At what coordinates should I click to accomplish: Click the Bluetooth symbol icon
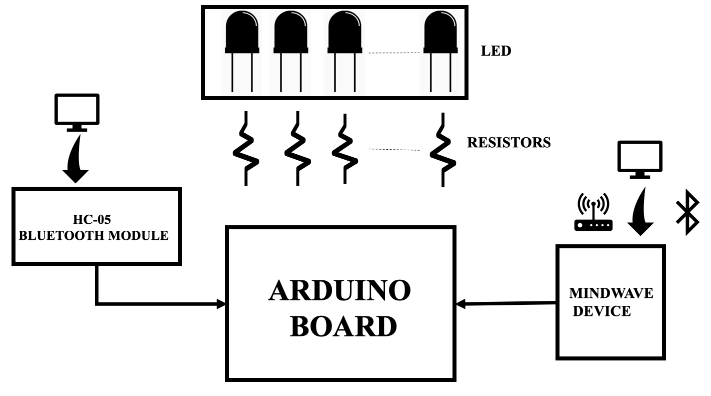687,213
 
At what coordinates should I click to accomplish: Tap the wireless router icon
593,212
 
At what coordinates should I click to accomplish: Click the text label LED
495,51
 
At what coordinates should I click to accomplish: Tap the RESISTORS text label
508,143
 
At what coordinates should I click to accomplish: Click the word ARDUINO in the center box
339,291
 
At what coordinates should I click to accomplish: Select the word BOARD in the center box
343,326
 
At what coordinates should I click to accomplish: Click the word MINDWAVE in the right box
611,293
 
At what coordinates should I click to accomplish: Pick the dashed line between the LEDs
393,53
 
